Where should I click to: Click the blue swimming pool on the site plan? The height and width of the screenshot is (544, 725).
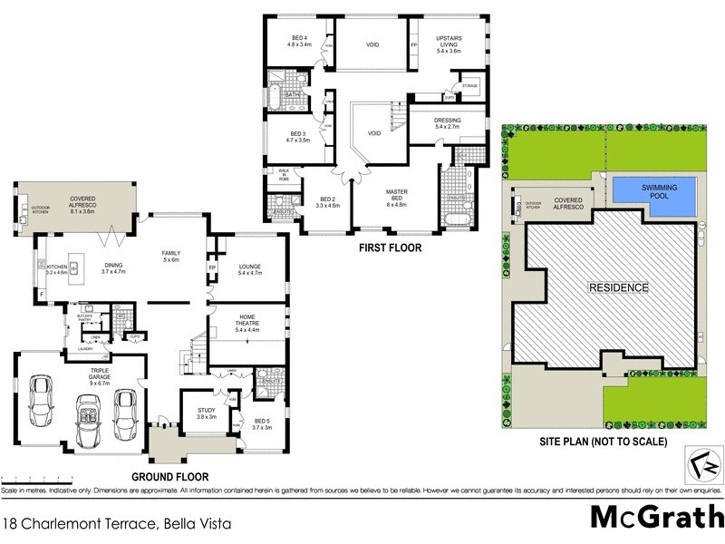(653, 190)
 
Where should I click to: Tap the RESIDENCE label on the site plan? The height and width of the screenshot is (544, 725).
(619, 287)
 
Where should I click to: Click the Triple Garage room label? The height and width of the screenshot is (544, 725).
(99, 374)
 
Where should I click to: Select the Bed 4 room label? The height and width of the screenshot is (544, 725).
(299, 39)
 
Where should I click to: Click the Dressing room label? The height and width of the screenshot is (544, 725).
(448, 123)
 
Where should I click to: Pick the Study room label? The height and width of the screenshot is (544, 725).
(207, 413)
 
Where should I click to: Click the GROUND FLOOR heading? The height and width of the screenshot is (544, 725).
(170, 476)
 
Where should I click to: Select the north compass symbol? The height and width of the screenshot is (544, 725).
(705, 468)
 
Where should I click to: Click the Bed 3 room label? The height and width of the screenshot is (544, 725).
(298, 137)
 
